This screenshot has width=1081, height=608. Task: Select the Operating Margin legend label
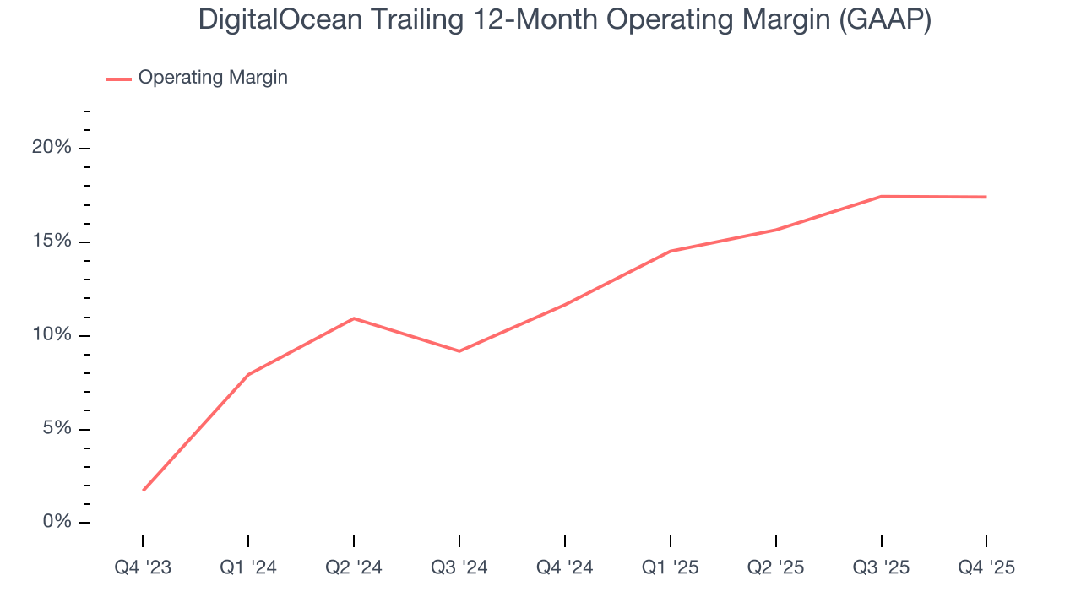pyautogui.click(x=213, y=78)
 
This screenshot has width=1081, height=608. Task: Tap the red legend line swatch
pyautogui.click(x=118, y=79)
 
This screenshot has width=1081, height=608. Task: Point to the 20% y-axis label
pyautogui.click(x=52, y=148)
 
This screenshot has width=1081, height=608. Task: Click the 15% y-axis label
pyautogui.click(x=52, y=242)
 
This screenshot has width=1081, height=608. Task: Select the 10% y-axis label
pyautogui.click(x=52, y=335)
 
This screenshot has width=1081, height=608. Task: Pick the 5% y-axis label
pyautogui.click(x=57, y=429)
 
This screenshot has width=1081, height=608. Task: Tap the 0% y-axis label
pyautogui.click(x=57, y=523)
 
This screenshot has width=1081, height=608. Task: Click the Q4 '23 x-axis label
pyautogui.click(x=143, y=568)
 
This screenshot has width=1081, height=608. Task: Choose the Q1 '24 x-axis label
pyautogui.click(x=248, y=568)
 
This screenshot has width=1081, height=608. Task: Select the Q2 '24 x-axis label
pyautogui.click(x=354, y=568)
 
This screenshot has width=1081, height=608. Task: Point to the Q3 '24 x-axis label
pyautogui.click(x=459, y=568)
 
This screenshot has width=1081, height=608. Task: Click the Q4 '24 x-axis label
pyautogui.click(x=565, y=568)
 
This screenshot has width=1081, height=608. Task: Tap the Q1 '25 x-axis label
pyautogui.click(x=671, y=568)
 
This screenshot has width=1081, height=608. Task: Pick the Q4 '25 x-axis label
pyautogui.click(x=986, y=568)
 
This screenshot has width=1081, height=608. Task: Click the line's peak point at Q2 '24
pyautogui.click(x=354, y=318)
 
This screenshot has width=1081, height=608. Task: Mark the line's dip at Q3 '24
pyautogui.click(x=459, y=351)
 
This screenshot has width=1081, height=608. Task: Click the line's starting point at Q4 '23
pyautogui.click(x=144, y=490)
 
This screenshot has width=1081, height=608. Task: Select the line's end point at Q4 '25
pyautogui.click(x=986, y=197)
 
